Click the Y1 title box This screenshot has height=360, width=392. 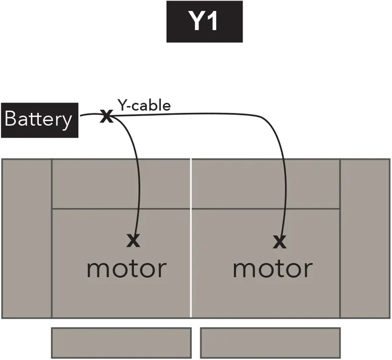pos(204,22)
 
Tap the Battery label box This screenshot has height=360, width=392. pos(39,120)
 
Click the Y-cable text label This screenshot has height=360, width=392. pos(144,106)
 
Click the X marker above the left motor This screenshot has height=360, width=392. pos(133,240)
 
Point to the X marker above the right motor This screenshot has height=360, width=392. pos(280,242)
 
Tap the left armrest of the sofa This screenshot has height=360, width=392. pos(27,238)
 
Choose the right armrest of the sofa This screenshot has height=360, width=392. pos(365,238)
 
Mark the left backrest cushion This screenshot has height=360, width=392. pos(121,184)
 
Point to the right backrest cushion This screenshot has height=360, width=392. pos(266,184)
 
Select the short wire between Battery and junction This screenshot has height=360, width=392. pos(90,116)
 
